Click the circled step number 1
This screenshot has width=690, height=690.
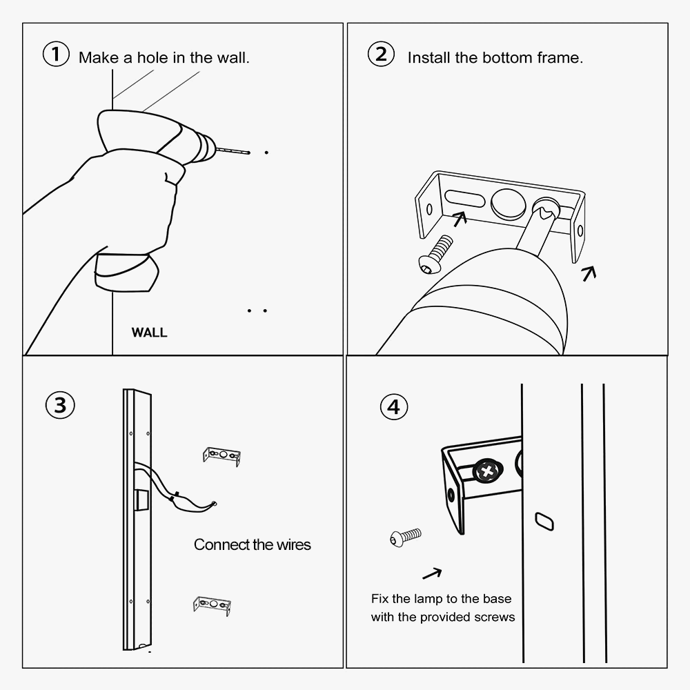click(x=56, y=54)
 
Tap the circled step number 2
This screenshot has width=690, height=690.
click(x=381, y=54)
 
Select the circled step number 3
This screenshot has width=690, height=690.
click(x=60, y=405)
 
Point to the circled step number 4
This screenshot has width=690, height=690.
click(x=394, y=406)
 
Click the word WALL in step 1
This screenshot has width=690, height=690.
click(x=149, y=333)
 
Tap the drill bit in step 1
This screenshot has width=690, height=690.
click(x=233, y=150)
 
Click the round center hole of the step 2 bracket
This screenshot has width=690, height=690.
click(x=509, y=204)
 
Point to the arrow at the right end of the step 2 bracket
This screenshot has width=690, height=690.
click(x=589, y=273)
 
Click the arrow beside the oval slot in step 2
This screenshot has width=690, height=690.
click(x=460, y=219)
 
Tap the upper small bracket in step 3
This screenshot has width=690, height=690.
click(x=221, y=456)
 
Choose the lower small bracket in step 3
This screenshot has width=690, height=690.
click(x=212, y=605)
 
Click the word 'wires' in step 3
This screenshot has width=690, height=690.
click(x=293, y=545)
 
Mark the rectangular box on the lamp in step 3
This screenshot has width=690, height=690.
click(x=141, y=500)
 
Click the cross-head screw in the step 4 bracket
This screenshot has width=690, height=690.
click(x=487, y=471)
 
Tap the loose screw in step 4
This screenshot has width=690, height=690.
click(x=405, y=537)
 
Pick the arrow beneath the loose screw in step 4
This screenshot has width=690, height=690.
click(x=432, y=573)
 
